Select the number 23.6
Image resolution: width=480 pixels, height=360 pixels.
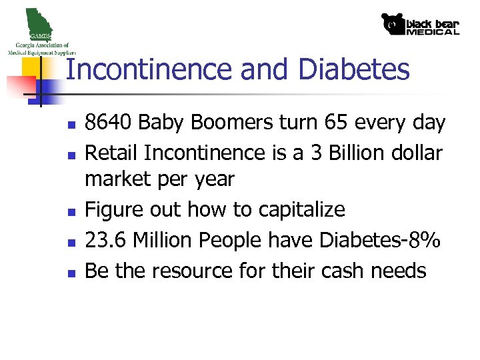[107, 240]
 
